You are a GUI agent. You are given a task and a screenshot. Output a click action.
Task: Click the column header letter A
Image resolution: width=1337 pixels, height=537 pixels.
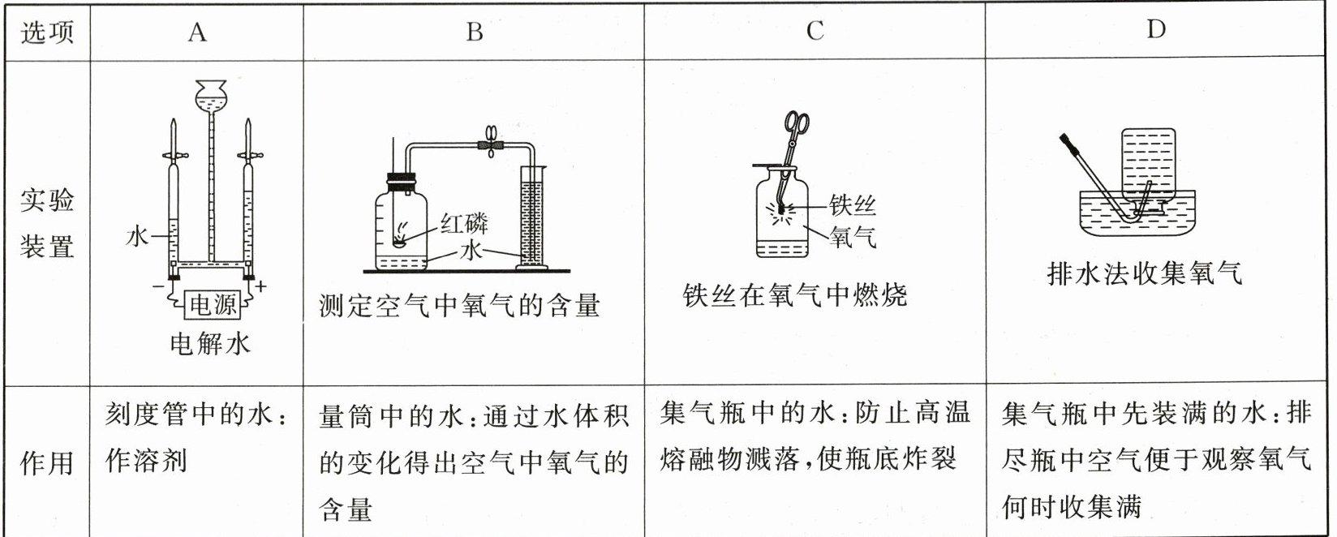click(196, 32)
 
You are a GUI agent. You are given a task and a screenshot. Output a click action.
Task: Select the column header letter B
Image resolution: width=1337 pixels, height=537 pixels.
click(475, 32)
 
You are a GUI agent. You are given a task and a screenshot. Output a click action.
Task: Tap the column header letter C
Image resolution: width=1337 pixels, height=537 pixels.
click(815, 32)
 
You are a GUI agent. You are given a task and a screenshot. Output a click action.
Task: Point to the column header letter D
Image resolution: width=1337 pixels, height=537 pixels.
click(1155, 30)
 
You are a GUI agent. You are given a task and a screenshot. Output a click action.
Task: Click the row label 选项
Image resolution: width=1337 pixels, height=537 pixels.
click(46, 32)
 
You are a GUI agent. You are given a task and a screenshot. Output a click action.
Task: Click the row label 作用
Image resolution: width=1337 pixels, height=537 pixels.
click(46, 464)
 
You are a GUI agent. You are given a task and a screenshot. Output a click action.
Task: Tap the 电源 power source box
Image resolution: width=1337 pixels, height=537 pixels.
click(213, 305)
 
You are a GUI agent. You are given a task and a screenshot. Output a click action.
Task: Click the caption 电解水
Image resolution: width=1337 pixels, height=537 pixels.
click(209, 343)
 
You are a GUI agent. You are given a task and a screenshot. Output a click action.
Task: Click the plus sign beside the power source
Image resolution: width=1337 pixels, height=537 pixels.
click(261, 286)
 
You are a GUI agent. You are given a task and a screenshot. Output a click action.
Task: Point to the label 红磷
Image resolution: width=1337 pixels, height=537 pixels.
click(465, 223)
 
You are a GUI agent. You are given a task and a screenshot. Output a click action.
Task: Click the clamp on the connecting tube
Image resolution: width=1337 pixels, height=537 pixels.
click(491, 144)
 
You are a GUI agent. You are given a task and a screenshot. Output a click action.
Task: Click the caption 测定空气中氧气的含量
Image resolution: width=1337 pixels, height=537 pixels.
click(460, 306)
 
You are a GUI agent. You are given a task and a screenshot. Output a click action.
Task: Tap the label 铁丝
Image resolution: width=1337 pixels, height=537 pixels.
click(853, 205)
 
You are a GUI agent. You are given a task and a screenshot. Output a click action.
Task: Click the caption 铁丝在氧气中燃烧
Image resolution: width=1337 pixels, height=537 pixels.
click(795, 295)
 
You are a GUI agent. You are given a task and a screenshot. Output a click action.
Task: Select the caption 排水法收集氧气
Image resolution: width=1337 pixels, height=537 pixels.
click(1144, 274)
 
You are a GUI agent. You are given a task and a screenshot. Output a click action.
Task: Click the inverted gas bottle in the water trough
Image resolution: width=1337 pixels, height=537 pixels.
click(1146, 166)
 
